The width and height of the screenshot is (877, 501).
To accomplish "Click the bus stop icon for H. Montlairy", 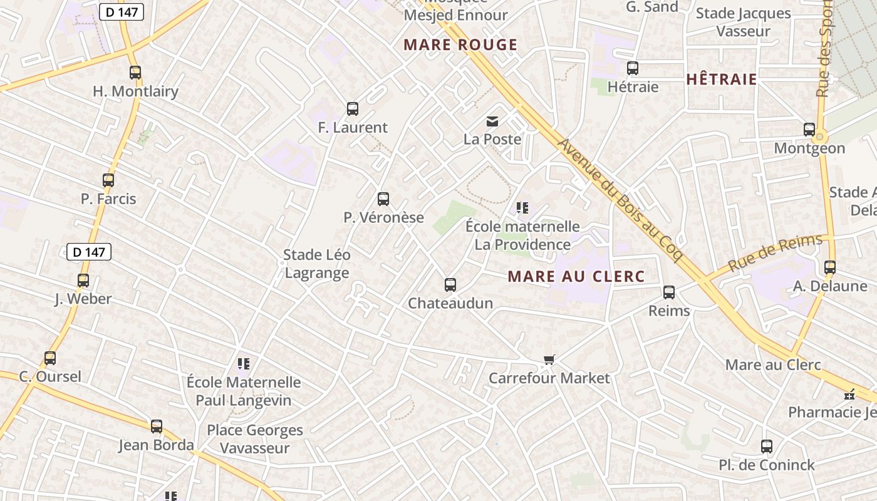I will tap(135, 73).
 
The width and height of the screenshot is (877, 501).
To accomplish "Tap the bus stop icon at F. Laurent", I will tap(353, 109).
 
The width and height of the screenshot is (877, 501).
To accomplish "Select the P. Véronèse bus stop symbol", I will tap(383, 199).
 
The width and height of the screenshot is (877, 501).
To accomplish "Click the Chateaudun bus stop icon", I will tap(450, 285).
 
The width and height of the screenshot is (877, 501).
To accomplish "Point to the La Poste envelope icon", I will tap(492, 121).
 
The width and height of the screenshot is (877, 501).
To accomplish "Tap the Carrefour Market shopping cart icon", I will tap(549, 359).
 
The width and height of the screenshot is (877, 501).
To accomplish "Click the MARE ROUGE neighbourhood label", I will tap(460, 44).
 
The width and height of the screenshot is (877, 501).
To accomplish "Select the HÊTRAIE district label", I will tap(722, 79).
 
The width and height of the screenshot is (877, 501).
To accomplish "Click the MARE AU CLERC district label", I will tap(576, 276).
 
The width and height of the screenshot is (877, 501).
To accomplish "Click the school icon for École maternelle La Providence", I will tap(522, 207).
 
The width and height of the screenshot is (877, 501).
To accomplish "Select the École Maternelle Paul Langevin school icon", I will tap(244, 363).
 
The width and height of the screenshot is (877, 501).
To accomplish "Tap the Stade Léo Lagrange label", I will tap(317, 264).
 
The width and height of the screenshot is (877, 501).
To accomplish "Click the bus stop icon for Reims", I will tap(669, 292).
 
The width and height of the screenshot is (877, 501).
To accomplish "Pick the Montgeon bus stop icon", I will tap(809, 130).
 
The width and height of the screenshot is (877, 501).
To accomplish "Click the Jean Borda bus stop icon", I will tap(157, 426).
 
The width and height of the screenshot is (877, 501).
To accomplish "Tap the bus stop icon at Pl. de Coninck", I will tap(767, 447).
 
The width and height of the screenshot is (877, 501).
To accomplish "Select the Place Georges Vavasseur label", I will tap(255, 439).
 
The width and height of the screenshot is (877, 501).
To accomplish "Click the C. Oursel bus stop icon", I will tap(50, 358).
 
